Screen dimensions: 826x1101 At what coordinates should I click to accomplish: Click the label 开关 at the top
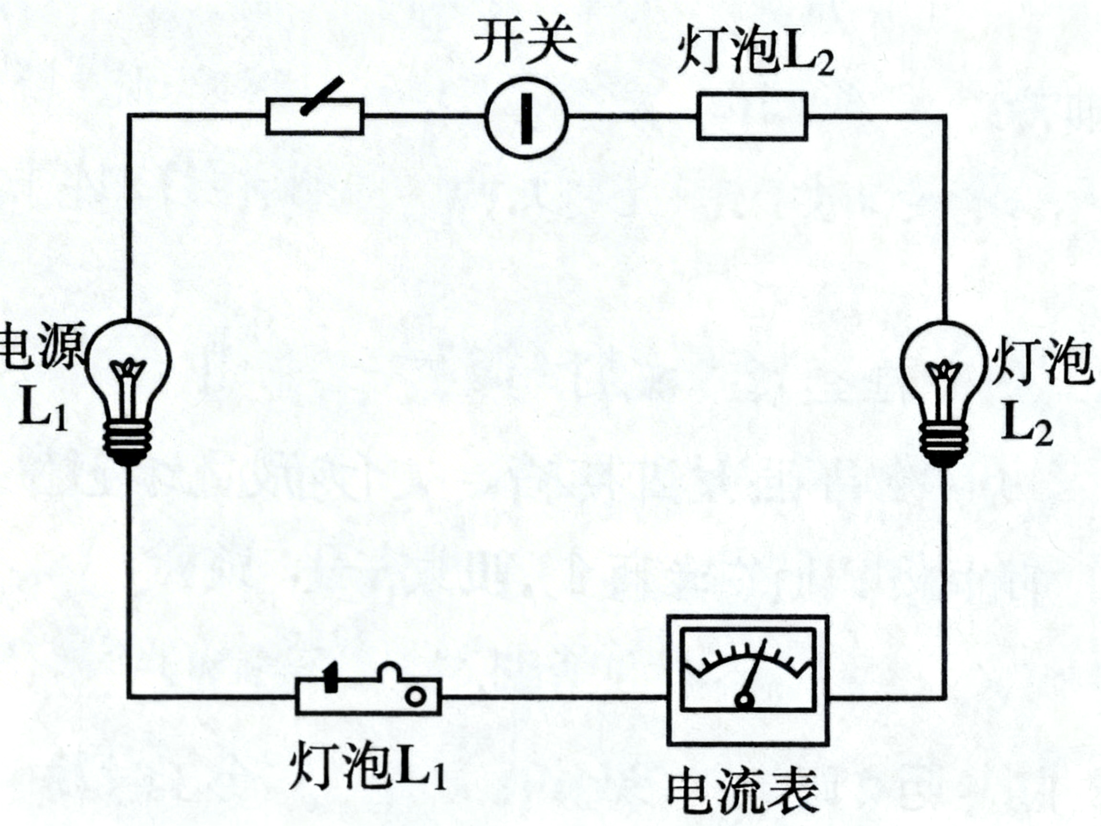tap(526, 44)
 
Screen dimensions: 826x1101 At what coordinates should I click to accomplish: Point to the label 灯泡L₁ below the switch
tap(367, 767)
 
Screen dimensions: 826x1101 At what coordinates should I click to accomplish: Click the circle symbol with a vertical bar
tap(527, 118)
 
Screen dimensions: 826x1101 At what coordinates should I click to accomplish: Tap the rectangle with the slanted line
tap(314, 116)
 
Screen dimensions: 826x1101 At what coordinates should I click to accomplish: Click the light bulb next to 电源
tap(129, 383)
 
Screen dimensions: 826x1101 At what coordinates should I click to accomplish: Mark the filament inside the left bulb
tap(129, 373)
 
